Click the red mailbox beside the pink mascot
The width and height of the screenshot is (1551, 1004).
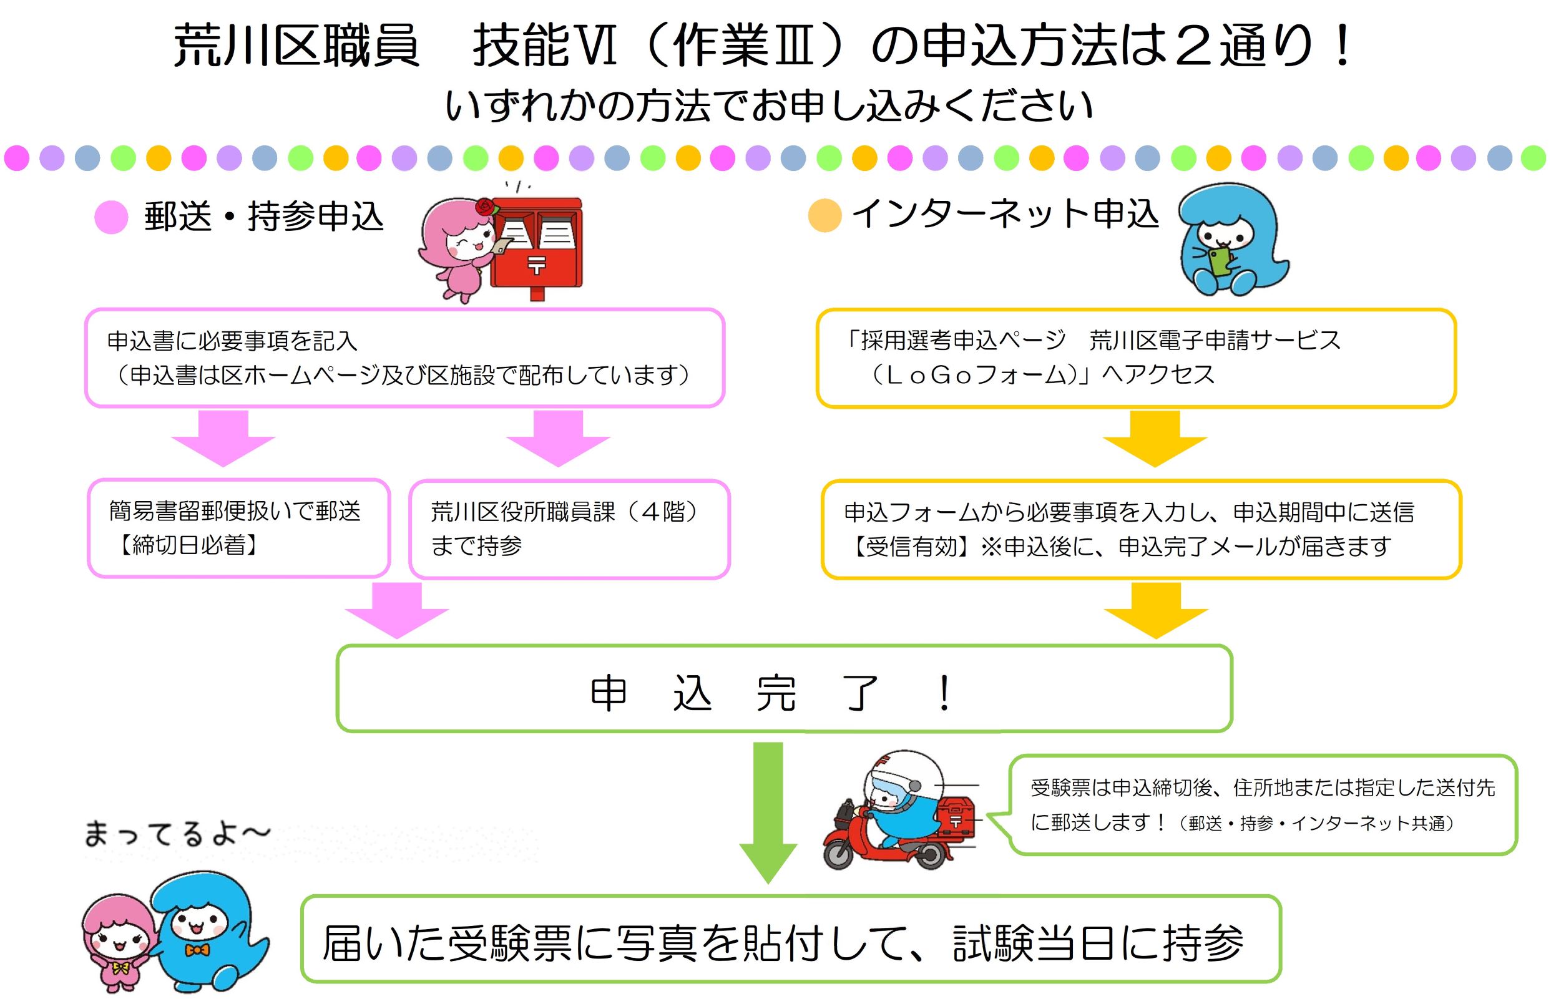(536, 245)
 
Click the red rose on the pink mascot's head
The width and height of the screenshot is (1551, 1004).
(486, 207)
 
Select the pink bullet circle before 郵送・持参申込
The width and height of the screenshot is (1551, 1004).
(111, 217)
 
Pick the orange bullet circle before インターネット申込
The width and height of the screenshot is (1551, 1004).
(824, 215)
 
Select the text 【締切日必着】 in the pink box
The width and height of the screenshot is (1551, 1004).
(188, 545)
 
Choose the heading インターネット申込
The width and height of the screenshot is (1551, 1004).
(1005, 213)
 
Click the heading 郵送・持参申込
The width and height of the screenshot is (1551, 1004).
(263, 217)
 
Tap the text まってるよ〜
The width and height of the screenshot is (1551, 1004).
(176, 834)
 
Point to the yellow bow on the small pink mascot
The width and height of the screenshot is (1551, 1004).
(120, 968)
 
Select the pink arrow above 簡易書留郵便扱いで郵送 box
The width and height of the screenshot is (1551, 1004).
(223, 437)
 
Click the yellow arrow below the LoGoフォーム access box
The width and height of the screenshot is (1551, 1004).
(1155, 438)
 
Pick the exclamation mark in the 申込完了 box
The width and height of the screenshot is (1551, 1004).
(944, 694)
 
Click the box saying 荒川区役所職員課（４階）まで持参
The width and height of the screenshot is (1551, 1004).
(569, 529)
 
